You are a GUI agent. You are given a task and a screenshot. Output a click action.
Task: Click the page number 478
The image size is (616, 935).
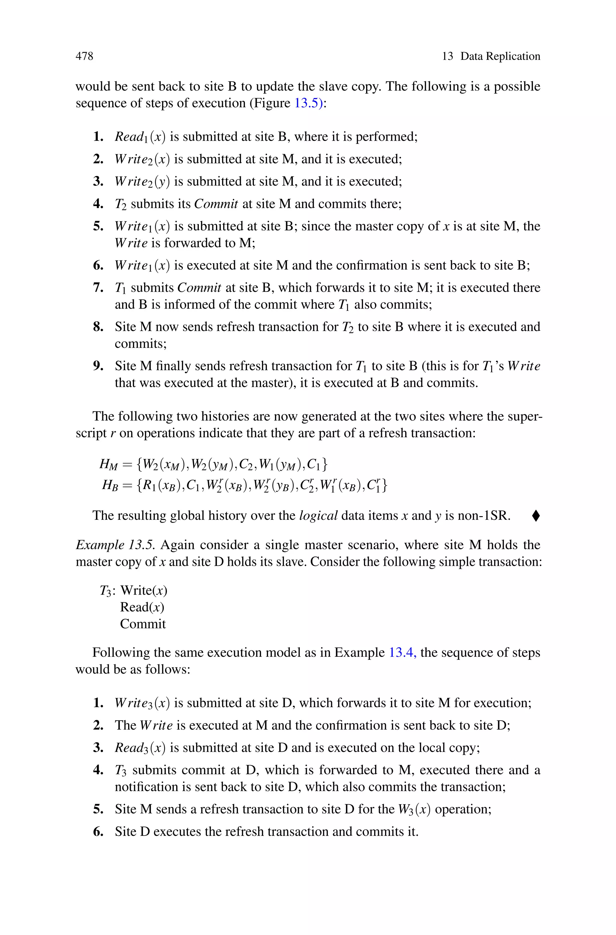[85, 56]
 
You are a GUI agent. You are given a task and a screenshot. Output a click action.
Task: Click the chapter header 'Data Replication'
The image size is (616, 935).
[500, 56]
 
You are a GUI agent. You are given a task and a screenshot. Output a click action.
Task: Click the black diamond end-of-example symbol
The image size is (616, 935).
[536, 516]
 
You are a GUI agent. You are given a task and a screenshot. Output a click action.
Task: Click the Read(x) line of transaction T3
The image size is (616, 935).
[142, 607]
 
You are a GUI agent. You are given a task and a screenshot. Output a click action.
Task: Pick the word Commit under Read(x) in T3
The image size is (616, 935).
[143, 624]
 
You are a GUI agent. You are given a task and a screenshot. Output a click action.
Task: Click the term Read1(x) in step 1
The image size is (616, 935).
[140, 137]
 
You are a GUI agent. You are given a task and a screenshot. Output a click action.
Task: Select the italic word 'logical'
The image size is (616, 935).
[318, 516]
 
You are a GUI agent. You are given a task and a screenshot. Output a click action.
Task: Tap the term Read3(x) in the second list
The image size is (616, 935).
[140, 748]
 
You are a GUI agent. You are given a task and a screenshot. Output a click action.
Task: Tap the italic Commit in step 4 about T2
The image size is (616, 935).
[216, 204]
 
